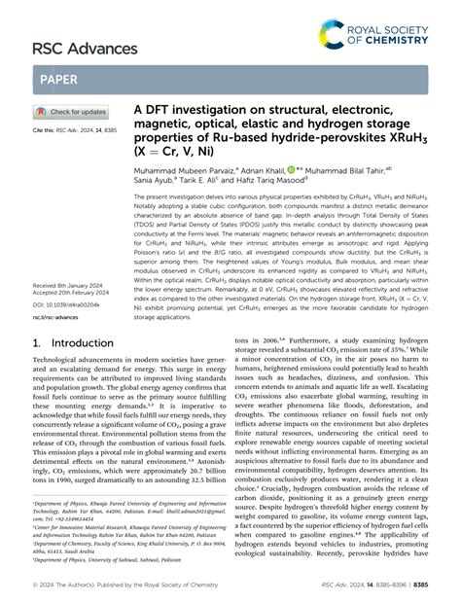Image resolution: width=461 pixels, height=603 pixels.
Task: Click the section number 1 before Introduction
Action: pos(37,344)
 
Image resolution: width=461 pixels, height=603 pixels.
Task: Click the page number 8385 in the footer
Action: pos(441,586)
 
